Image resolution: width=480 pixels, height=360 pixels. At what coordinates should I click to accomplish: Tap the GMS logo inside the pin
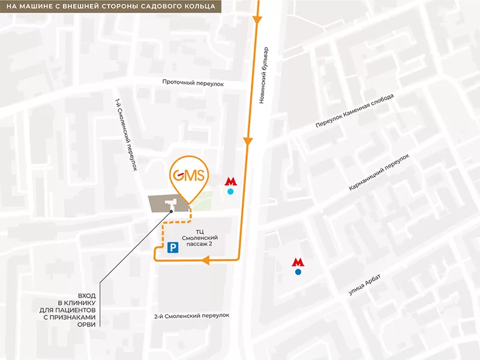pyautogui.click(x=188, y=176)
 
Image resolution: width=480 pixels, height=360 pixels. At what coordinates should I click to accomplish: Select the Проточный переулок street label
pyautogui.click(x=193, y=84)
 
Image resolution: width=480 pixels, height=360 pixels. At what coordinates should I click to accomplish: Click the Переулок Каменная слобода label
pyautogui.click(x=355, y=112)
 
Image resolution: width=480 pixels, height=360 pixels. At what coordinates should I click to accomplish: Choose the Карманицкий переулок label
pyautogui.click(x=379, y=172)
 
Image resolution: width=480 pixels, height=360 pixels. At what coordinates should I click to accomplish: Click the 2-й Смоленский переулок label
pyautogui.click(x=192, y=316)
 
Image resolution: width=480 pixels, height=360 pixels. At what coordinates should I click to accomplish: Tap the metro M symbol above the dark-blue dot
pyautogui.click(x=298, y=262)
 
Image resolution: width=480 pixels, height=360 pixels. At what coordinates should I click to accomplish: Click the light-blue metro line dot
pyautogui.click(x=231, y=192)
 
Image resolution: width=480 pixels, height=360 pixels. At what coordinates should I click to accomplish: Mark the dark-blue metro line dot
pyautogui.click(x=298, y=272)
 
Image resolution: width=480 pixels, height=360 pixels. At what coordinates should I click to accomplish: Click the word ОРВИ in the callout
pyautogui.click(x=86, y=324)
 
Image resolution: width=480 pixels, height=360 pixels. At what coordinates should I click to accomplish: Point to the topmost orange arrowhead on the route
pyautogui.click(x=258, y=21)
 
